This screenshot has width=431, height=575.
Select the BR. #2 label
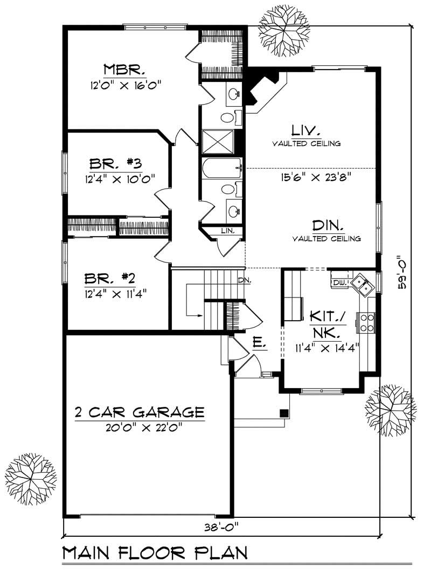[x=109, y=279]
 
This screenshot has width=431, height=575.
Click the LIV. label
[x=306, y=130]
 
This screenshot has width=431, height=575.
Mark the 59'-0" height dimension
[x=402, y=272]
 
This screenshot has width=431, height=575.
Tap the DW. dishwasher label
[x=338, y=282]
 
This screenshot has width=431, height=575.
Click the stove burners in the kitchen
[x=366, y=322]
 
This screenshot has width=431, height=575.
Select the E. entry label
[x=258, y=342]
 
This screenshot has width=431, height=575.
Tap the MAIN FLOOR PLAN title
[x=155, y=553]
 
